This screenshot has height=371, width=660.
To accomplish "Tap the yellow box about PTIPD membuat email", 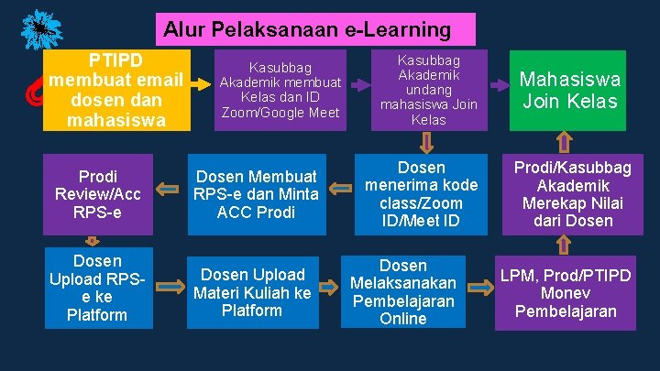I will pyautogui.click(x=115, y=90).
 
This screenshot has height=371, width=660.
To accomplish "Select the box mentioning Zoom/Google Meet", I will pyautogui.click(x=280, y=90).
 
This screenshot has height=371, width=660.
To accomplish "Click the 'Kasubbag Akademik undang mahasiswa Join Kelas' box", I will pyautogui.click(x=428, y=90).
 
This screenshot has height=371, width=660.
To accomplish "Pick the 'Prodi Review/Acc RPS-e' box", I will pyautogui.click(x=98, y=194).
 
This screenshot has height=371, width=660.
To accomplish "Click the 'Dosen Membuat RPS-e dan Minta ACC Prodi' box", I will pyautogui.click(x=258, y=194).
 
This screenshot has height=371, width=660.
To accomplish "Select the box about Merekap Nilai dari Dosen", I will pyautogui.click(x=572, y=194).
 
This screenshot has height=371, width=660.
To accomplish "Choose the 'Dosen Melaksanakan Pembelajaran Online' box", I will pyautogui.click(x=403, y=292).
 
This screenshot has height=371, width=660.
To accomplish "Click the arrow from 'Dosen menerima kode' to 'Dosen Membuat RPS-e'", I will pyautogui.click(x=341, y=188).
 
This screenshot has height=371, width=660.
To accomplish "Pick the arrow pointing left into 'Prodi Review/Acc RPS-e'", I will pyautogui.click(x=168, y=189).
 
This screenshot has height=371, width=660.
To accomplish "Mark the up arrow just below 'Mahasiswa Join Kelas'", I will pyautogui.click(x=565, y=142).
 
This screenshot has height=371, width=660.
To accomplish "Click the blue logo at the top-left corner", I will pyautogui.click(x=38, y=29).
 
